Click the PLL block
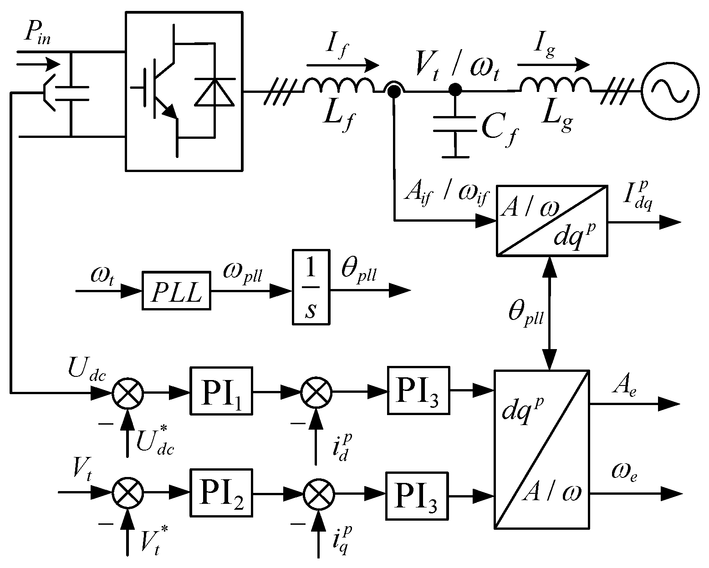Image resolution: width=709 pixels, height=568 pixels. click(x=176, y=291)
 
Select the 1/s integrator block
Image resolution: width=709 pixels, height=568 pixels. click(x=311, y=287)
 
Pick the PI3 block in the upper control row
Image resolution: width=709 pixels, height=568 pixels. click(x=418, y=390)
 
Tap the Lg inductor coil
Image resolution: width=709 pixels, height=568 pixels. click(x=556, y=86)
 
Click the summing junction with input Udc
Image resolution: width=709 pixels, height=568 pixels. click(x=128, y=392)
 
